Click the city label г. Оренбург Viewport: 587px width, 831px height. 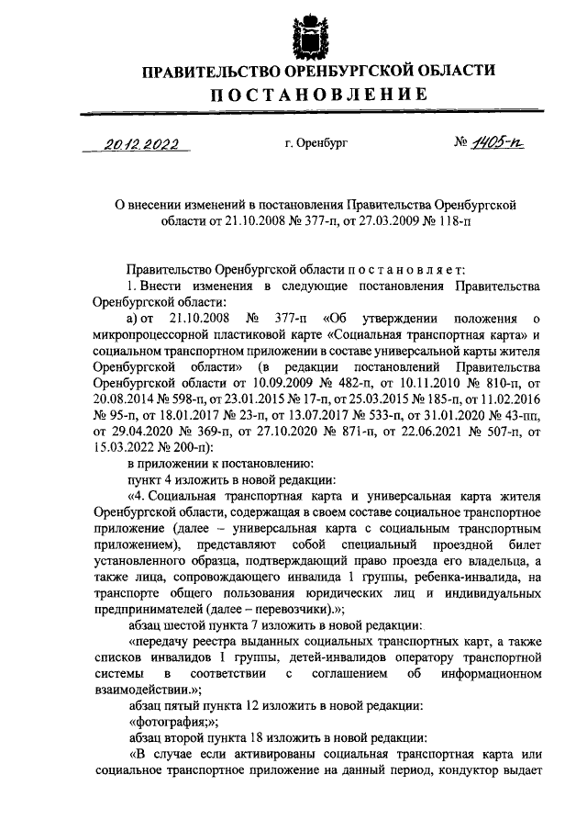316,145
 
